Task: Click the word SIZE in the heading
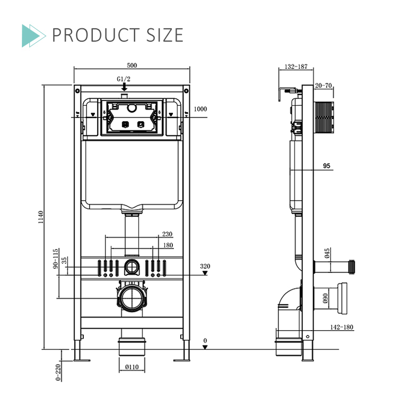click(x=158, y=35)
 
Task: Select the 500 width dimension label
click(x=132, y=66)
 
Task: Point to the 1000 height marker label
click(x=200, y=109)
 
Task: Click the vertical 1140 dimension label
click(x=41, y=217)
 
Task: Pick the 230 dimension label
click(x=167, y=234)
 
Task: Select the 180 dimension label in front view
click(x=167, y=245)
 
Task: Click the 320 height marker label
click(x=205, y=266)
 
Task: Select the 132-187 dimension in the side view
click(x=296, y=67)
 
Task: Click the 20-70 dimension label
click(x=323, y=85)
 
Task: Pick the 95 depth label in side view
click(x=326, y=166)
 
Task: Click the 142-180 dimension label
click(x=342, y=327)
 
